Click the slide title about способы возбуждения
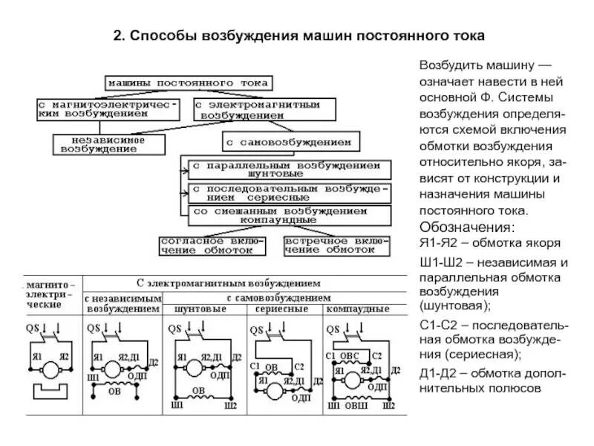(x=298, y=35)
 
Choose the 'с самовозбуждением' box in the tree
(x=290, y=141)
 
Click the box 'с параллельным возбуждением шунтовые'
(x=286, y=169)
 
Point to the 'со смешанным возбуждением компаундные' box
(x=288, y=216)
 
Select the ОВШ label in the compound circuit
(x=357, y=406)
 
